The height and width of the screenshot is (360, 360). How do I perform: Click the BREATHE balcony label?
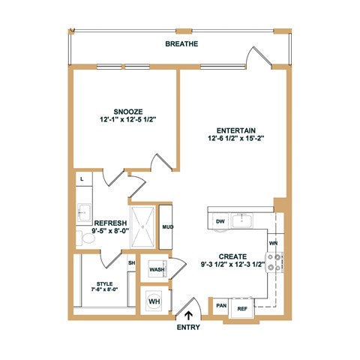tap(182, 44)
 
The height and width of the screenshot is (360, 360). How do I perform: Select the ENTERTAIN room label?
tap(230, 130)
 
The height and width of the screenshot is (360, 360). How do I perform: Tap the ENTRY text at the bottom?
tap(189, 328)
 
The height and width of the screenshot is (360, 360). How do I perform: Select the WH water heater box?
tap(154, 301)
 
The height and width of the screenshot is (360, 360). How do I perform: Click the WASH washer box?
tap(156, 269)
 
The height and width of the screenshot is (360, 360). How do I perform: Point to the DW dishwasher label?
tap(220, 221)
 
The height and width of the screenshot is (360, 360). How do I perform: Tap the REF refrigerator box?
tap(242, 307)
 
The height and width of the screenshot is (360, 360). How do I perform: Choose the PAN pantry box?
tap(221, 305)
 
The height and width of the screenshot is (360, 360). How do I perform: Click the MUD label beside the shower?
tap(168, 226)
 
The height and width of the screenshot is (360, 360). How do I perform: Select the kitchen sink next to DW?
tap(242, 220)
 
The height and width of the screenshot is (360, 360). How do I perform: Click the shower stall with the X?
tap(143, 227)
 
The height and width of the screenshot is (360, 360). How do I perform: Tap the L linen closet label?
tap(81, 180)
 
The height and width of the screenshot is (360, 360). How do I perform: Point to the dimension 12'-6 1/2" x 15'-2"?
tap(230, 139)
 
